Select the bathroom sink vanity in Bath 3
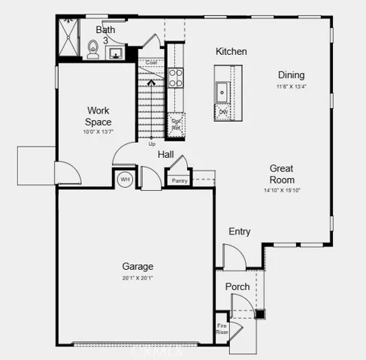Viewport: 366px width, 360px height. click(x=115, y=53)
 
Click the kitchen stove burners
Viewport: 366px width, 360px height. click(x=175, y=77)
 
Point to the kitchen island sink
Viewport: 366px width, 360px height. click(x=222, y=92)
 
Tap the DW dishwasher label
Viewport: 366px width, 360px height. click(x=223, y=113)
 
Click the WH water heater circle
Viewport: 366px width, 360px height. click(x=124, y=180)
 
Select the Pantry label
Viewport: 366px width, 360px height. click(x=179, y=180)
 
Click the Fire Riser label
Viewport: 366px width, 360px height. click(x=222, y=328)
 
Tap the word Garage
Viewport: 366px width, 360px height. click(x=138, y=266)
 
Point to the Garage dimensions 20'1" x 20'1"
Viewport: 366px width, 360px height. click(x=138, y=277)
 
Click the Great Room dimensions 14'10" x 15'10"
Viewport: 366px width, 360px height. click(x=281, y=191)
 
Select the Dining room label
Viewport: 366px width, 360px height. click(x=292, y=74)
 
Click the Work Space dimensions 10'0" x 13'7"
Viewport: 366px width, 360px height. click(x=98, y=132)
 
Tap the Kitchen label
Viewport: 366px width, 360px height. click(x=231, y=52)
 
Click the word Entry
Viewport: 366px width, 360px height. click(x=239, y=231)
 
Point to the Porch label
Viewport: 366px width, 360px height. click(x=237, y=286)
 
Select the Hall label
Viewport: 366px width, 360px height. click(x=166, y=154)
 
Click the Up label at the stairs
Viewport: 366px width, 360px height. click(x=153, y=144)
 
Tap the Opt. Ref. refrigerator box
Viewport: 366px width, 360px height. click(x=177, y=124)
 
